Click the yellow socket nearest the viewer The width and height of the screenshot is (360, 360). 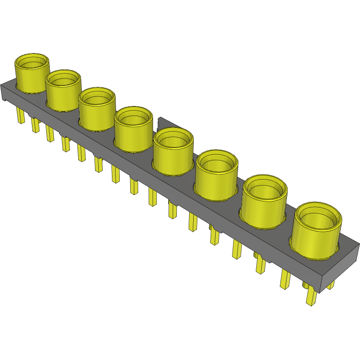click(x=317, y=233)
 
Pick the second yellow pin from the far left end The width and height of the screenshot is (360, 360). click(x=35, y=125)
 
